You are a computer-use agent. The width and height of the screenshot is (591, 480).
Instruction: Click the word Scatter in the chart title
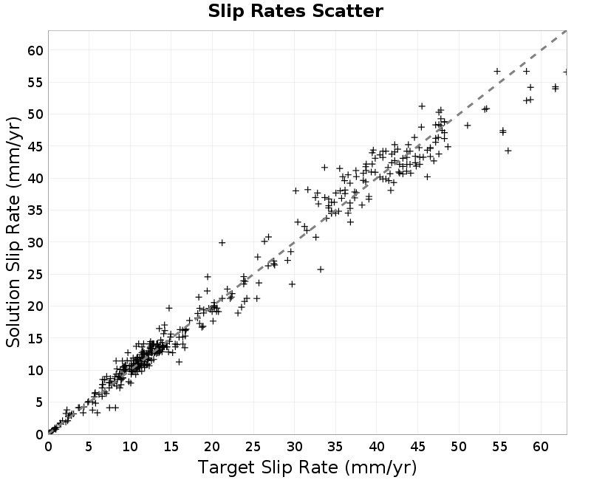(x=347, y=11)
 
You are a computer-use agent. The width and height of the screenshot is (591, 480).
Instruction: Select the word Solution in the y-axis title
(x=13, y=313)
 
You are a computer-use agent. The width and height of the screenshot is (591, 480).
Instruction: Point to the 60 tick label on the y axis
(x=35, y=50)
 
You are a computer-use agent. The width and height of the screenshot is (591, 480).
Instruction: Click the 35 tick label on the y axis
(x=35, y=210)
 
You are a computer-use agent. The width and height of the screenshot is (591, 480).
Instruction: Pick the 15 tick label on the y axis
(x=35, y=338)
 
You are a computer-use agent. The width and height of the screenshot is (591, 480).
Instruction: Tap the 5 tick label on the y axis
(x=40, y=402)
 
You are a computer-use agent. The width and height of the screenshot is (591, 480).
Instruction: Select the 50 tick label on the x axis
(x=459, y=447)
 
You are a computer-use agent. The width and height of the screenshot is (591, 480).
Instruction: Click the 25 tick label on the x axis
(x=253, y=447)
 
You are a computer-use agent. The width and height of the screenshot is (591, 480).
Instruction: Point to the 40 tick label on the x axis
(x=377, y=447)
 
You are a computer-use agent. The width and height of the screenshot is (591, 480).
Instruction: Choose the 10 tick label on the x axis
(x=130, y=447)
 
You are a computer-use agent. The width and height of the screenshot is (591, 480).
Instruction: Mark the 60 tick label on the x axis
(x=541, y=447)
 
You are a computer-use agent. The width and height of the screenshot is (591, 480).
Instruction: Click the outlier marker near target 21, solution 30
(x=222, y=243)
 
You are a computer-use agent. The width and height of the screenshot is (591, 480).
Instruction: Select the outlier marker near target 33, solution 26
(x=321, y=270)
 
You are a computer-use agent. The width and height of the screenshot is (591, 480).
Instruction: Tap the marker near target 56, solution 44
(x=508, y=151)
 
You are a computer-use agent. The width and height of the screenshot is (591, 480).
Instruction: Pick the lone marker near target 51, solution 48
(x=468, y=125)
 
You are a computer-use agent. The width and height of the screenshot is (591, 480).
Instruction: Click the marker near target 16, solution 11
(x=179, y=362)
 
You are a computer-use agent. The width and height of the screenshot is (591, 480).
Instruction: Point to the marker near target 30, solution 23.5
(x=292, y=284)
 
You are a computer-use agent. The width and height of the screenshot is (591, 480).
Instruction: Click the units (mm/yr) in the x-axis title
(x=380, y=467)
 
